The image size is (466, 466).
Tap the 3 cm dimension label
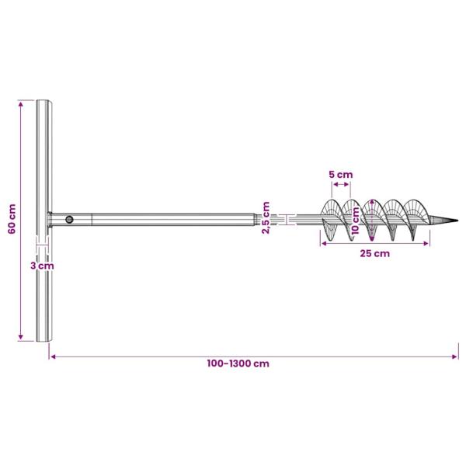coord(42,266)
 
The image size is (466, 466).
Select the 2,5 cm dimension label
coord(266,217)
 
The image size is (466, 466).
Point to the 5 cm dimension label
coord(339,175)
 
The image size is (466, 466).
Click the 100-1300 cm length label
coord(238,363)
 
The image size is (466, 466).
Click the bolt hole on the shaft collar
coord(70,220)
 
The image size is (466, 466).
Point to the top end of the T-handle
coord(44,103)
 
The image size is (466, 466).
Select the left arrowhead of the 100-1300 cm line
coord(52,356)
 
